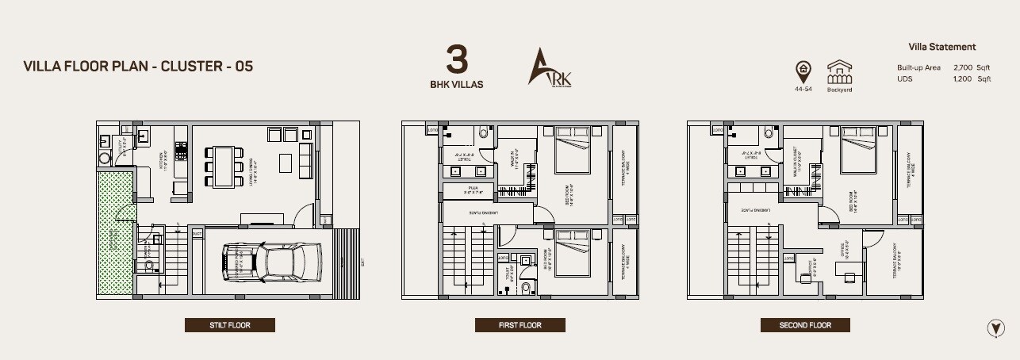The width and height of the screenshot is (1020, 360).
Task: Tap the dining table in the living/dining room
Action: click(224, 165)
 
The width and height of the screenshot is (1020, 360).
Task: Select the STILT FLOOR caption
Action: click(230, 325)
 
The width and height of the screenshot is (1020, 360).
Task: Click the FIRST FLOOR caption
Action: click(520, 325)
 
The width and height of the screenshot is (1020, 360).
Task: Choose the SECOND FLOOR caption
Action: click(805, 325)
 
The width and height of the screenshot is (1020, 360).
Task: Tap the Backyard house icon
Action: click(839, 73)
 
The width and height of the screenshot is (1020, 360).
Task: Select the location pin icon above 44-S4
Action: click(803, 71)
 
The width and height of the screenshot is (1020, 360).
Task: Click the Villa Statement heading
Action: click(942, 47)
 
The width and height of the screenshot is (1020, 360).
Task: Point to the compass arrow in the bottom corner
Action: click(994, 327)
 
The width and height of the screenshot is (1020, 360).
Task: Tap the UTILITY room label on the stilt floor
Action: click(123, 151)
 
